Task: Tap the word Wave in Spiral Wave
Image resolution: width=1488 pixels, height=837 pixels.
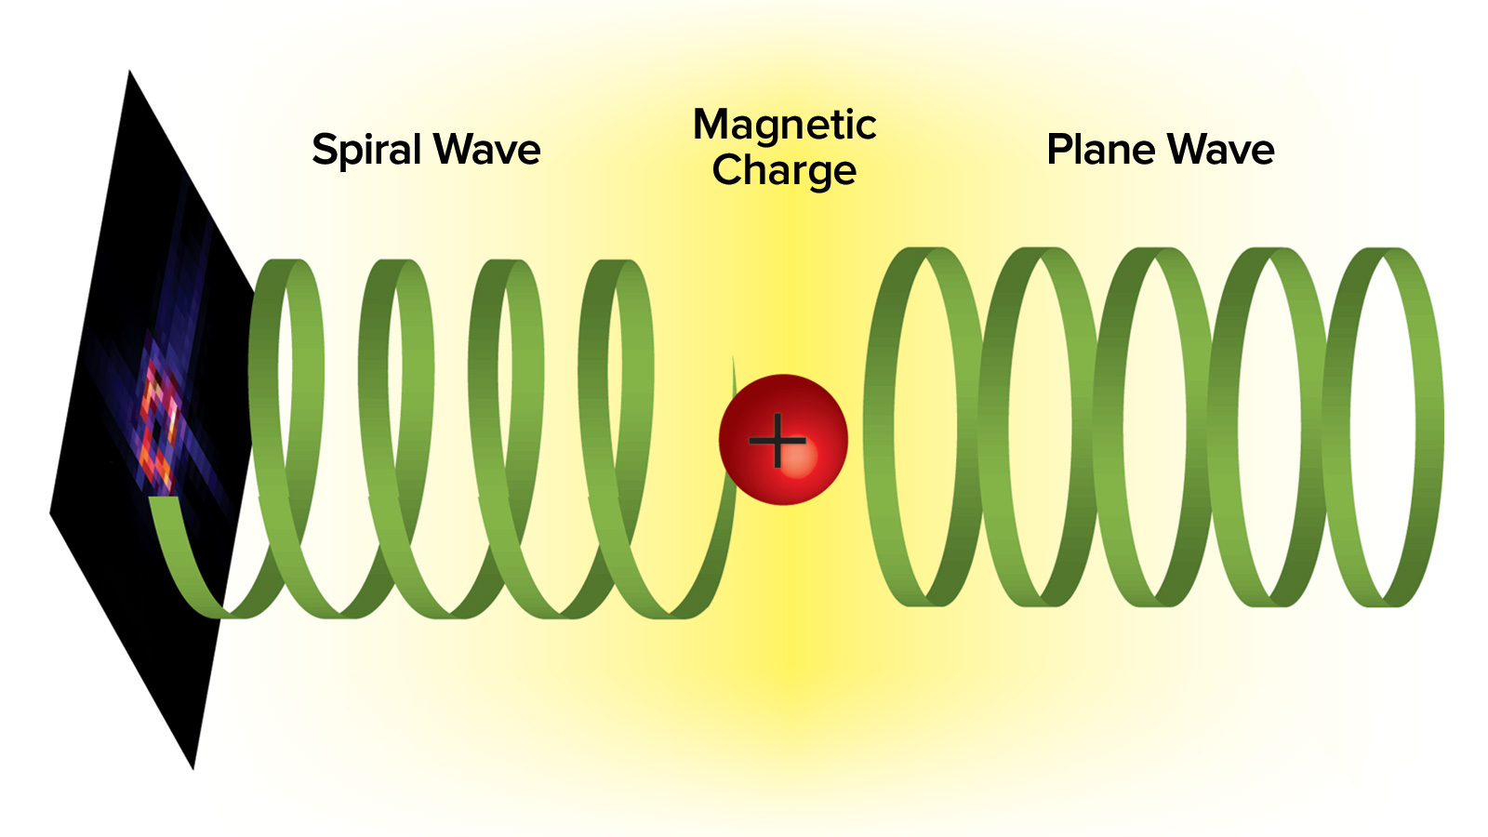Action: (x=487, y=151)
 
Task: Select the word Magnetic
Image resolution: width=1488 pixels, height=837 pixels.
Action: (x=784, y=126)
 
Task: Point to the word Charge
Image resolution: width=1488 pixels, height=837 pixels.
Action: (x=784, y=171)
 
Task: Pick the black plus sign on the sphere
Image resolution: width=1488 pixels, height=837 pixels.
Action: (x=777, y=440)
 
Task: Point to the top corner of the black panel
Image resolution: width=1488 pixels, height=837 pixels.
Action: (x=130, y=73)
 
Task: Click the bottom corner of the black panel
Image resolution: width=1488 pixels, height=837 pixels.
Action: (x=193, y=766)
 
